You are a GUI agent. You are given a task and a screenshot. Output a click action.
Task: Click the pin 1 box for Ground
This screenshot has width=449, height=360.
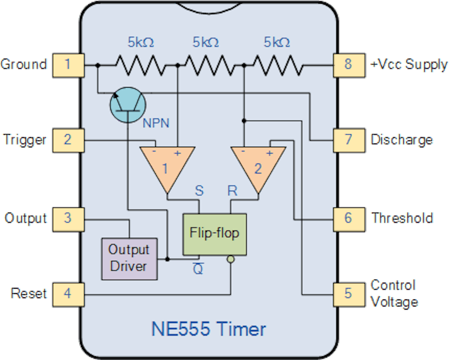pos(67,65)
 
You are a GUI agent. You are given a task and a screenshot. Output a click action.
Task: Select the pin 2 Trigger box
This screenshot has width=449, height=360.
pos(67,140)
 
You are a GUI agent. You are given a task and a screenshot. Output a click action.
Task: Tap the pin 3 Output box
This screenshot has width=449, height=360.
pos(67,218)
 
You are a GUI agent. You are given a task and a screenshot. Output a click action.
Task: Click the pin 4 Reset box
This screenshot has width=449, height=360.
pos(67,293)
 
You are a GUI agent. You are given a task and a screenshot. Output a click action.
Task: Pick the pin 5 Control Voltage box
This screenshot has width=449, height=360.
pos(348,293)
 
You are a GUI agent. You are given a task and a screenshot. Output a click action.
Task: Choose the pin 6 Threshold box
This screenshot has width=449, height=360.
pos(348,218)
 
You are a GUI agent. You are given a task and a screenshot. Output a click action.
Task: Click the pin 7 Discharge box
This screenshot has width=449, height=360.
pos(348,140)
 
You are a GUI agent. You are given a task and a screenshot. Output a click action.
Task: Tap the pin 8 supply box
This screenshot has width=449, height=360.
pos(348,65)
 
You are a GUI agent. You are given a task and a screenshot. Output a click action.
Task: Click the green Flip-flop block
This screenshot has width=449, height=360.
pos(214,234)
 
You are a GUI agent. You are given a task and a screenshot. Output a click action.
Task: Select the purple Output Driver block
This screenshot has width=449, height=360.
pos(129,259)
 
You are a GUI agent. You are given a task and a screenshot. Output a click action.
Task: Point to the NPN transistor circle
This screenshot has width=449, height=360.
pos(128,104)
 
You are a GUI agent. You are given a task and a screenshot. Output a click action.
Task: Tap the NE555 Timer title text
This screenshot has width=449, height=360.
pos(208,329)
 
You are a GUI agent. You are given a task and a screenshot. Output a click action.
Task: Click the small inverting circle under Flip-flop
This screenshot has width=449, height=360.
pos(231,259)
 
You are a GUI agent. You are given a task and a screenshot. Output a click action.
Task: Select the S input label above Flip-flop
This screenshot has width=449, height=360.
pos(199,191)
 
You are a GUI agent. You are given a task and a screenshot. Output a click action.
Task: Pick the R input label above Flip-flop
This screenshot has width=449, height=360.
pos(232,191)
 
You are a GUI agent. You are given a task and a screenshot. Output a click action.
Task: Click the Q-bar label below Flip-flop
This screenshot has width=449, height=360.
pos(198,269)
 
